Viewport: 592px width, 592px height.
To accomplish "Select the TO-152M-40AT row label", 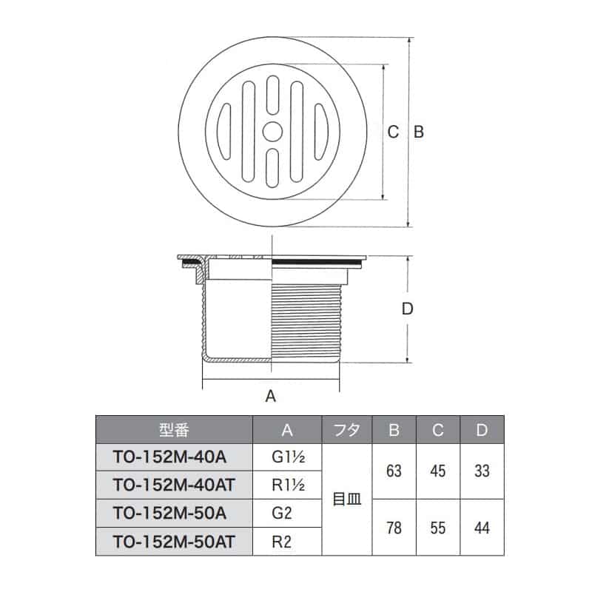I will (x=175, y=485).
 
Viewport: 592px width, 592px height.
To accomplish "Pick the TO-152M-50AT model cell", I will (x=175, y=541).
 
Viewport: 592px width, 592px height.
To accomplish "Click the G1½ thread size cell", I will (x=288, y=457).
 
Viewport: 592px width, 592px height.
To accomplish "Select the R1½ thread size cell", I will (x=288, y=485).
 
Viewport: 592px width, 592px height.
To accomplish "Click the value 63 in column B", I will (x=394, y=471).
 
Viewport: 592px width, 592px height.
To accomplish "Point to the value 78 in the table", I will (x=394, y=527).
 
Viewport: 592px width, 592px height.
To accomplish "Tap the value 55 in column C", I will (x=437, y=527).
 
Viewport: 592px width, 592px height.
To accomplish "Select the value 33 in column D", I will (x=482, y=471).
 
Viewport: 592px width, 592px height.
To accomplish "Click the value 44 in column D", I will (x=482, y=527).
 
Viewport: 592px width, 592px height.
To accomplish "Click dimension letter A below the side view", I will (x=271, y=397).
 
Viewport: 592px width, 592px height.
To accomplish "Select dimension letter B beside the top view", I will (x=417, y=132).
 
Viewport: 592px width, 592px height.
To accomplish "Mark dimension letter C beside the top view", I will (x=394, y=132).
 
